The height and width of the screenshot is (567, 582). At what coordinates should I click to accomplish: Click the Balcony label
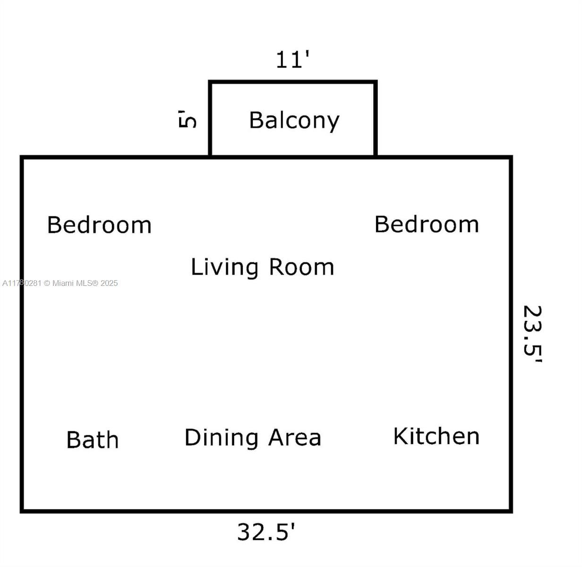(x=294, y=120)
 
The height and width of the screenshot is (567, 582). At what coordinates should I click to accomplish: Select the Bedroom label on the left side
(x=99, y=225)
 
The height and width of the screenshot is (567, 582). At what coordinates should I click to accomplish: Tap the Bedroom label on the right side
(x=427, y=224)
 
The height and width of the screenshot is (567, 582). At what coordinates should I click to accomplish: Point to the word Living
(x=224, y=267)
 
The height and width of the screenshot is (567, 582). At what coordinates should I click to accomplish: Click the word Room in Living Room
(x=301, y=267)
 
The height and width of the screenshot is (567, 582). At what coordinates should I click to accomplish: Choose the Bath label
(x=93, y=440)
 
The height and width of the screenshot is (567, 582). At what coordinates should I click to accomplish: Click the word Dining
(x=222, y=438)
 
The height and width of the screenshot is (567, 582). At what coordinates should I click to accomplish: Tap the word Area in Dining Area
(x=295, y=438)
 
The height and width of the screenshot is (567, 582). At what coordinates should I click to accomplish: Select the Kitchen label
(x=436, y=436)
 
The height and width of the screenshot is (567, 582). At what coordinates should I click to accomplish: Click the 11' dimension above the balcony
(x=293, y=60)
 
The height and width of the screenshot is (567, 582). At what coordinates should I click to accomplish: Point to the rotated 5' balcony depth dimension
(x=188, y=119)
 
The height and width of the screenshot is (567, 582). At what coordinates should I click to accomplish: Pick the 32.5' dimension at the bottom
(x=266, y=532)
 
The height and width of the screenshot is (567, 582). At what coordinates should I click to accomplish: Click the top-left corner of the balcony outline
(x=210, y=82)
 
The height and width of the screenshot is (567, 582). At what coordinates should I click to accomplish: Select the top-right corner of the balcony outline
(x=376, y=82)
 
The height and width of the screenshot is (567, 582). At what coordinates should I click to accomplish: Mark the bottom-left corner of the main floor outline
(x=22, y=510)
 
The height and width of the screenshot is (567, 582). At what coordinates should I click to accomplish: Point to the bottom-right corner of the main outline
(x=511, y=510)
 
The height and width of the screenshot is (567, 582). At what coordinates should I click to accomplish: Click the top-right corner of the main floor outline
(x=511, y=157)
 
